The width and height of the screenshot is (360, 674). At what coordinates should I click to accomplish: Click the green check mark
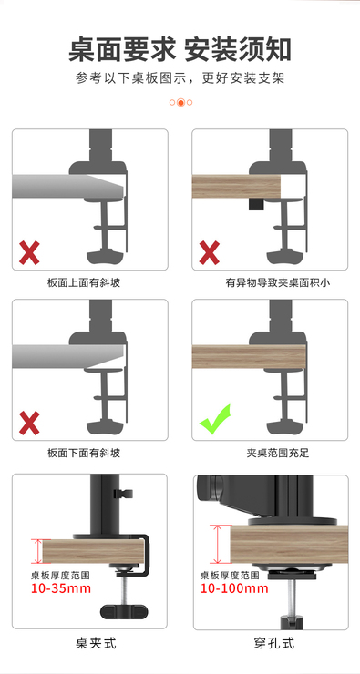214,421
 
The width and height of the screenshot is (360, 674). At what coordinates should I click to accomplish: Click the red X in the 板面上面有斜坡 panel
29,253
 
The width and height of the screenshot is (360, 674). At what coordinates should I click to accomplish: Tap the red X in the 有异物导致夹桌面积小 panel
210,253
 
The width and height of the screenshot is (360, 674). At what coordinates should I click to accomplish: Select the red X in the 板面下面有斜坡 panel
29,423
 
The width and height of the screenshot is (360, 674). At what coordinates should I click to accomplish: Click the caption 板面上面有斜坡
84,283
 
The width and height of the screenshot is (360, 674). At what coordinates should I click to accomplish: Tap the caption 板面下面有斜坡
84,453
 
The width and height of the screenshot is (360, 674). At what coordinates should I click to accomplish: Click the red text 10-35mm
61,588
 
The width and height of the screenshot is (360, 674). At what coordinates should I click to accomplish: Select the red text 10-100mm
234,588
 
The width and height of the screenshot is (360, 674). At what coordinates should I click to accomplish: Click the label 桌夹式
96,643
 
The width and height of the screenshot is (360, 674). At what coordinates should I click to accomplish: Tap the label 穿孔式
274,643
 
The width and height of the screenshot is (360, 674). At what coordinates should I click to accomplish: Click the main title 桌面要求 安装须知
180,50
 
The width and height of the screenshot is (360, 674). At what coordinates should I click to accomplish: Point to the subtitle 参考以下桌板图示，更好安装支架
180,78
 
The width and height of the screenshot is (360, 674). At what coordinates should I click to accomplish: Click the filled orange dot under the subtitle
180,102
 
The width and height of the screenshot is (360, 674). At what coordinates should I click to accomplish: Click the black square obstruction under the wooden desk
255,204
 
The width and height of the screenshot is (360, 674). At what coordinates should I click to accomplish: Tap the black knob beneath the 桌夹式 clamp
123,611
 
